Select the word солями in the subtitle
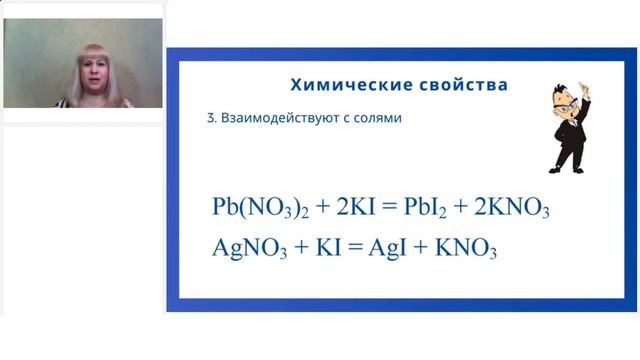click(x=379, y=118)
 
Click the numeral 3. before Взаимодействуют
click(x=211, y=118)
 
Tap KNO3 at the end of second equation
click(x=465, y=247)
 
